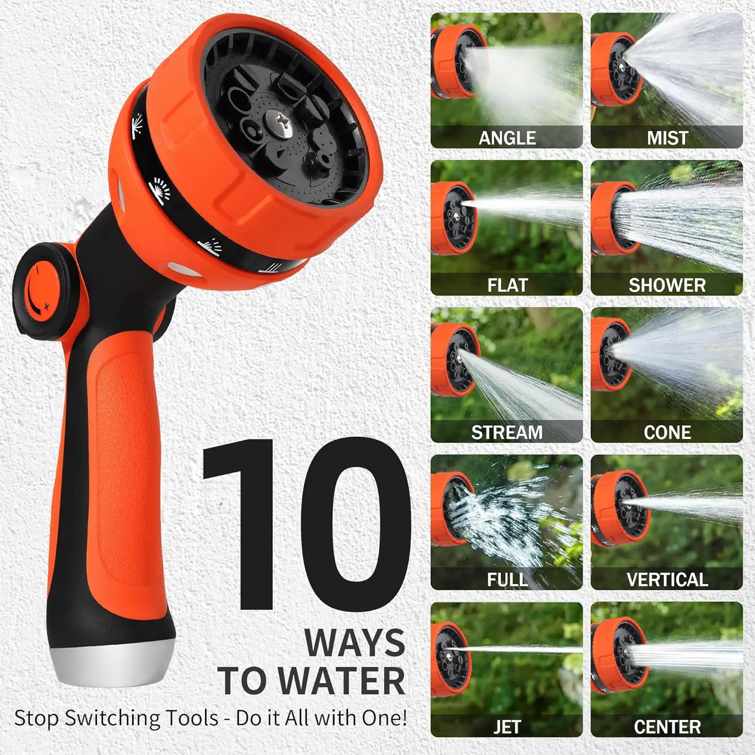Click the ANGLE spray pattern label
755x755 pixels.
(507, 138)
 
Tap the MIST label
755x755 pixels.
(667, 138)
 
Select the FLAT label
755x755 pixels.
(507, 285)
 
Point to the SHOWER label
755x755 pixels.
(667, 285)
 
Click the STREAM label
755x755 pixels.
(507, 432)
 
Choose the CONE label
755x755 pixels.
(667, 432)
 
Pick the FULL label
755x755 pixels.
(507, 580)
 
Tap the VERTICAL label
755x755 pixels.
(667, 580)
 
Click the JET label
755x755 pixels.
(507, 727)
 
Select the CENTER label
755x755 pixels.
(667, 727)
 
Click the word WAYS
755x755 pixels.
(354, 643)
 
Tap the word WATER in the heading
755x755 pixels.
(342, 681)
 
